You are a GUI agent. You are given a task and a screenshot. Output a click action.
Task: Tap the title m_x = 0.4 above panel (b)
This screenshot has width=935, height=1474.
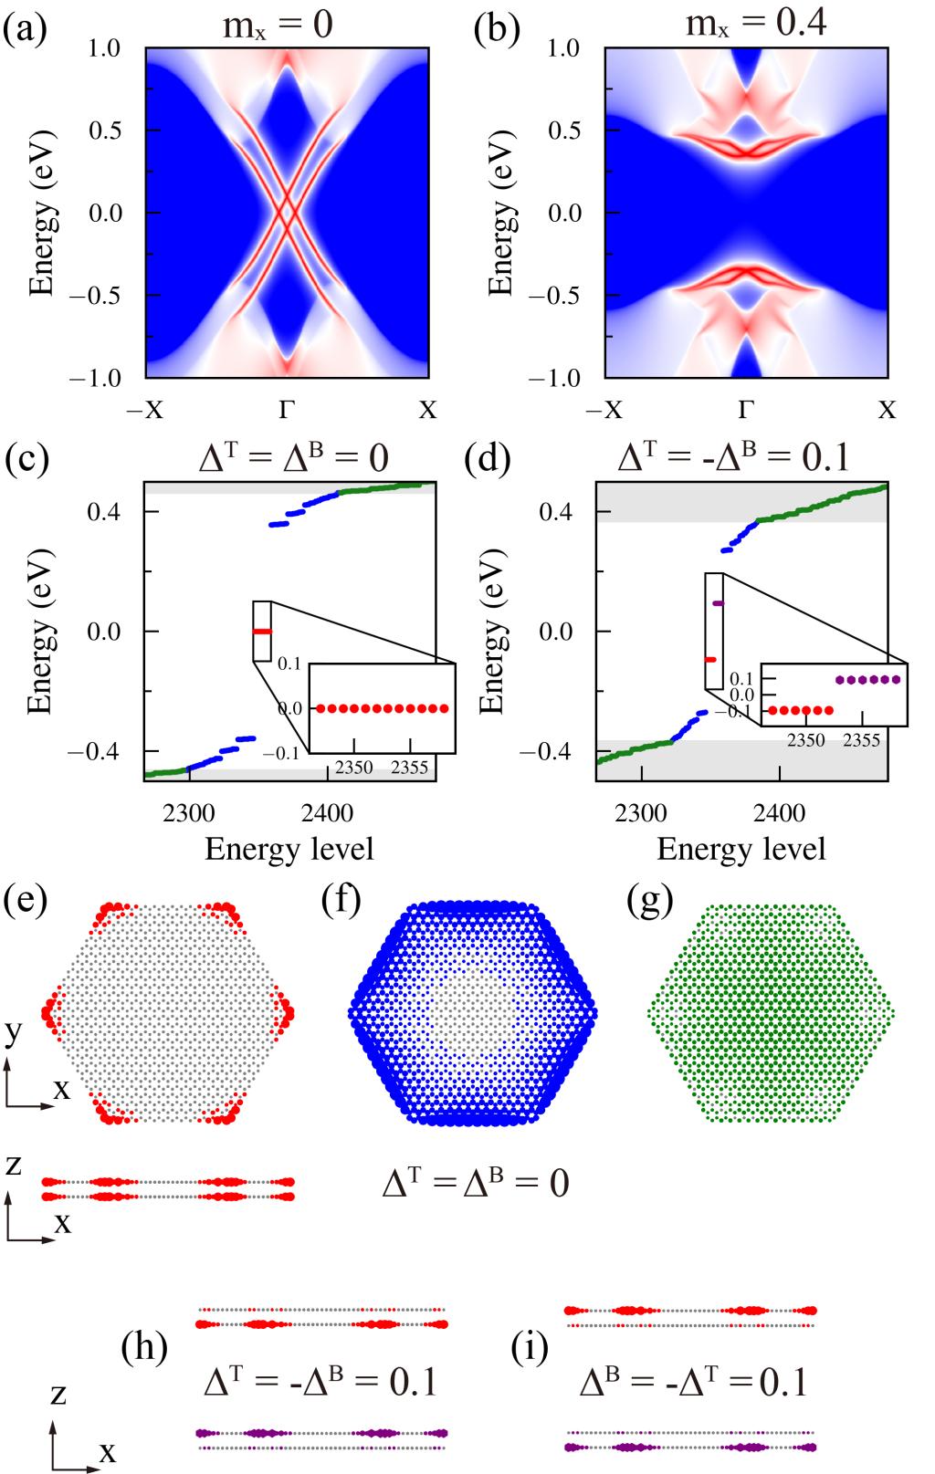756,21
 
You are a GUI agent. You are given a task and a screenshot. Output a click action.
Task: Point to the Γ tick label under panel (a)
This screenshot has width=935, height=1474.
287,410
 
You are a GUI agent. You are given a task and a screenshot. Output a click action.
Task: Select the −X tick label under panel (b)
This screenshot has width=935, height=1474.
604,410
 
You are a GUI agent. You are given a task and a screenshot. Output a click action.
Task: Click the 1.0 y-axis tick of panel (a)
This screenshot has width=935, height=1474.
105,47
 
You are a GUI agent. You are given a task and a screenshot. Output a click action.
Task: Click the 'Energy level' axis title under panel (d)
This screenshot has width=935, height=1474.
741,850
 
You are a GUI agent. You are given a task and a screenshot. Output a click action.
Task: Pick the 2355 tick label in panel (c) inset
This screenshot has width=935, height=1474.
409,768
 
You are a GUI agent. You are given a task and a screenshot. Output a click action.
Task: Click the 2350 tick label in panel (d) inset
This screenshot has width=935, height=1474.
805,739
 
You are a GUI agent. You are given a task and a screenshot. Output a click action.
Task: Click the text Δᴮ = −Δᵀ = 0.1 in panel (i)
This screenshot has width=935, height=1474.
694,1384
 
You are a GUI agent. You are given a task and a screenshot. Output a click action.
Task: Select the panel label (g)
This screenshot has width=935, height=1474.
650,901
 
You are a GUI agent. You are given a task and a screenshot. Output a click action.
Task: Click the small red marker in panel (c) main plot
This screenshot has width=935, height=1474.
262,632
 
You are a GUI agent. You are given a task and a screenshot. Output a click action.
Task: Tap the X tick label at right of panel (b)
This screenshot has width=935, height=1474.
887,410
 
